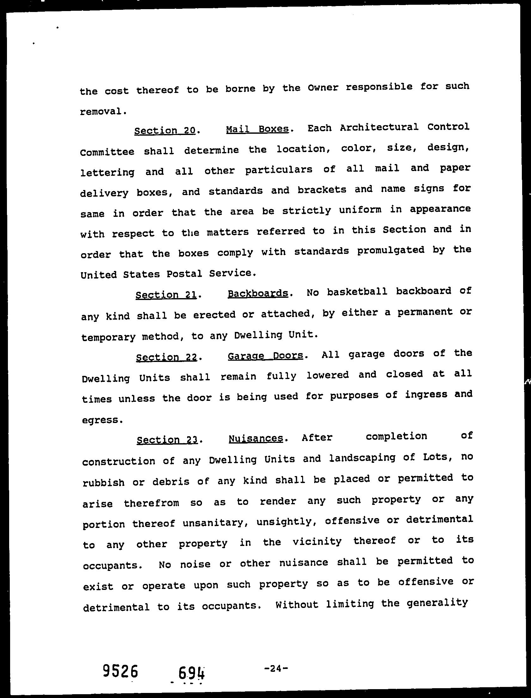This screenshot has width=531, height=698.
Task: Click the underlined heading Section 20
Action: point(165,131)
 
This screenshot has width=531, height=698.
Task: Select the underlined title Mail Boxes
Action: point(258,129)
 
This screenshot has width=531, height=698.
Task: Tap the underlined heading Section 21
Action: point(166,295)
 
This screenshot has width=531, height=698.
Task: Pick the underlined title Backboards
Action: point(258,293)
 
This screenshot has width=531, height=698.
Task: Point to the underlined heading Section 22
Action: point(167,357)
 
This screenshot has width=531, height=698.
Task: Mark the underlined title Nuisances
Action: point(256,438)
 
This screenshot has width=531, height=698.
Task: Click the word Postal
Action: point(184,274)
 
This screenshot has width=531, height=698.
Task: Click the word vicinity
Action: point(317,542)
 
